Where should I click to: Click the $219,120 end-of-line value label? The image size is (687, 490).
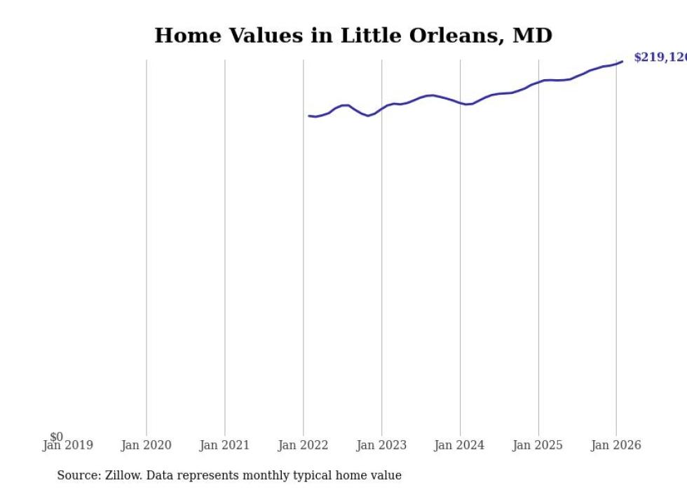660,57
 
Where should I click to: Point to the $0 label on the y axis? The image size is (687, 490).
56,437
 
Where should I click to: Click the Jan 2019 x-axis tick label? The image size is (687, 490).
67,445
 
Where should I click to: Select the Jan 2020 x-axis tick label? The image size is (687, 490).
146,445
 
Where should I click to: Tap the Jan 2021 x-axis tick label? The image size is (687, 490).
224,445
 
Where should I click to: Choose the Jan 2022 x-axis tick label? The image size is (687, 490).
303,445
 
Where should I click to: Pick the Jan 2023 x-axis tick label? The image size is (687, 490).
381,445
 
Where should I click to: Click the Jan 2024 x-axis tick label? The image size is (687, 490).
459,445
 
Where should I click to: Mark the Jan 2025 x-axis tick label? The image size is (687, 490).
538,445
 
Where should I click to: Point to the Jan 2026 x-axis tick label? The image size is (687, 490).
616,445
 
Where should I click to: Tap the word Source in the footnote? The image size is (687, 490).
79,475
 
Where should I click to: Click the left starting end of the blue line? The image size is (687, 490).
309,116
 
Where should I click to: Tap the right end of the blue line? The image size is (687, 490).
622,62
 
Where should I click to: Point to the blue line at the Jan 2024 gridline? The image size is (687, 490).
460,103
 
